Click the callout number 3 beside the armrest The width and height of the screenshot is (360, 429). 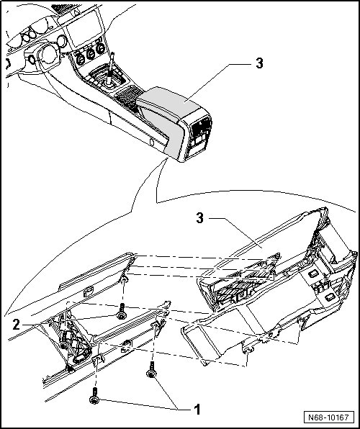pyautogui.click(x=259, y=63)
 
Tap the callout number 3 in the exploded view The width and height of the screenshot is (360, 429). pyautogui.click(x=200, y=218)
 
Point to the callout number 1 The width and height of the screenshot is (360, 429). pyautogui.click(x=197, y=410)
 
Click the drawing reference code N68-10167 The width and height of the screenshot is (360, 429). pyautogui.click(x=329, y=417)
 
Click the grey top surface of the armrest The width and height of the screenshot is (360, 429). pyautogui.click(x=171, y=101)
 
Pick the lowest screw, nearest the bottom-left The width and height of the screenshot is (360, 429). pyautogui.click(x=94, y=396)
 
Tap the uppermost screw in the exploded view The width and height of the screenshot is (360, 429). pyautogui.click(x=121, y=312)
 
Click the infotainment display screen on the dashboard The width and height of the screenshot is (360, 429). pyautogui.click(x=83, y=28)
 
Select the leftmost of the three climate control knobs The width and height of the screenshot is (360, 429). pyautogui.click(x=80, y=59)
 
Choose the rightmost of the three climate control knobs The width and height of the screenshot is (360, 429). pyautogui.click(x=101, y=48)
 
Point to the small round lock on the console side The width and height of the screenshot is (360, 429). pyautogui.click(x=151, y=142)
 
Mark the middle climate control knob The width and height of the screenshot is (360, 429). pyautogui.click(x=90, y=54)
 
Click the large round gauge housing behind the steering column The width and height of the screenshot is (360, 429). pyautogui.click(x=49, y=54)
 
